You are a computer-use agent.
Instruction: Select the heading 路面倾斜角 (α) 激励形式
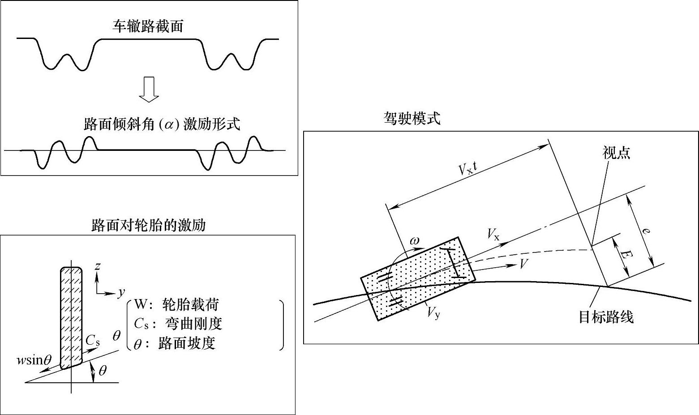pos(162,124)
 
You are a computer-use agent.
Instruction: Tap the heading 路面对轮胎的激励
pos(148,225)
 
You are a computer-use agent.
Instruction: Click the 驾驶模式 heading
pos(412,118)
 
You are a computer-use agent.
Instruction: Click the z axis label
pos(97,267)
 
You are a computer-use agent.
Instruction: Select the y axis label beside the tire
pos(121,293)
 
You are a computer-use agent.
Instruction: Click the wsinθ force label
pos(34,360)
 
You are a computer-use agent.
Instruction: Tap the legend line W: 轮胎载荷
pos(176,305)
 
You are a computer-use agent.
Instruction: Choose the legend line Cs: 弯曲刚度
pos(178,324)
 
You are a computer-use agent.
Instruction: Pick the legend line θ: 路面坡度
pos(175,343)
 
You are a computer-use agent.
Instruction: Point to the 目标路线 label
pos(606,317)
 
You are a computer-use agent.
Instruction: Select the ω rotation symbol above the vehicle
pos(415,240)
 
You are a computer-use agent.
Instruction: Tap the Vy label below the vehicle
pos(433,312)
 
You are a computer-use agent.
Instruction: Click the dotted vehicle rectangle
pos(417,278)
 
